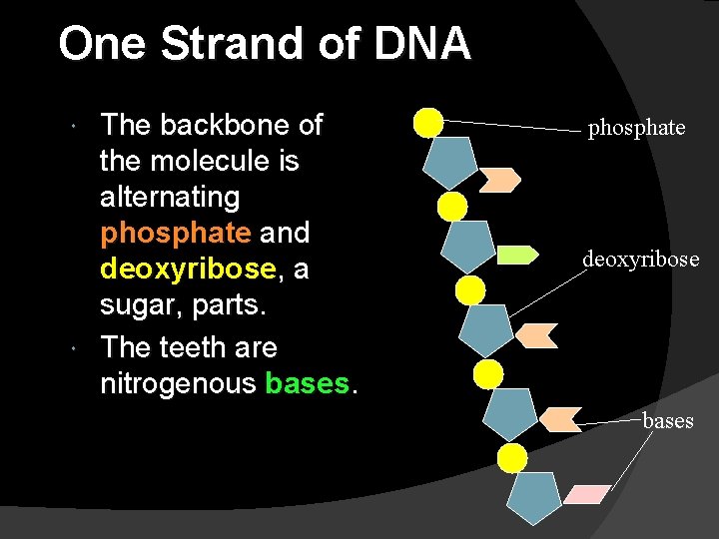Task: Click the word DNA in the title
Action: (x=423, y=44)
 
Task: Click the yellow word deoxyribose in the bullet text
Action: (x=187, y=269)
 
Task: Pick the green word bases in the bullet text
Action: (x=308, y=383)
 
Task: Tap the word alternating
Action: (x=170, y=197)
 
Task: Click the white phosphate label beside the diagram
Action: (x=636, y=128)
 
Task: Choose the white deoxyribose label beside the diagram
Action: (x=641, y=261)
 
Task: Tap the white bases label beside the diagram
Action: (x=667, y=421)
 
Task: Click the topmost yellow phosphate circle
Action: (x=428, y=122)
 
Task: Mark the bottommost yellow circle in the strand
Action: (x=512, y=458)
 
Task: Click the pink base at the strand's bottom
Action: (x=586, y=494)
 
